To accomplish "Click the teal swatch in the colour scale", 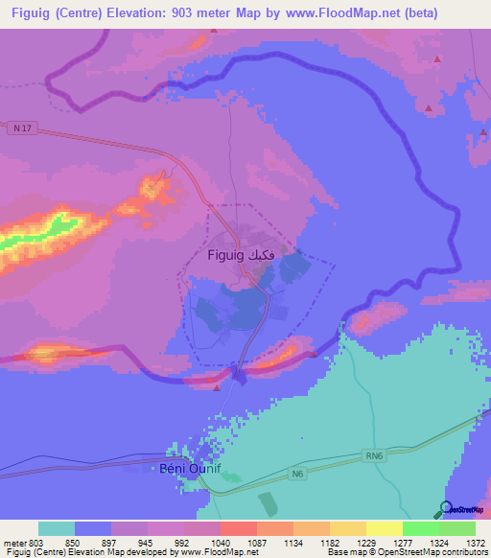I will pos(57,528).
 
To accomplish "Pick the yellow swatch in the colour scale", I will pos(385,528).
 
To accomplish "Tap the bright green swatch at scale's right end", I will pos(457,528).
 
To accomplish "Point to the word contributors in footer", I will pos(464,553).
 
